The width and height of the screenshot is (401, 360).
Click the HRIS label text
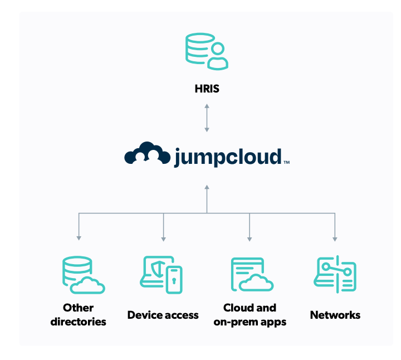tap(207, 88)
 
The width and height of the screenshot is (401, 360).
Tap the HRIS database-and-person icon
tap(207, 51)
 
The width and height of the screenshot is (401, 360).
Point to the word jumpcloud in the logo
tap(227, 157)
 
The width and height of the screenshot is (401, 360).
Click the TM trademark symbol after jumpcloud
tap(286, 163)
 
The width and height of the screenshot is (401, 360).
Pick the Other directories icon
tap(82, 276)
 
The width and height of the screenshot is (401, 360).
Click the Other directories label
tap(78, 314)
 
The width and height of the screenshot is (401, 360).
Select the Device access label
tap(163, 315)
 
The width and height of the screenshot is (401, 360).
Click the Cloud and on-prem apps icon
tap(251, 275)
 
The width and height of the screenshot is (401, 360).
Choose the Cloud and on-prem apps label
tap(250, 314)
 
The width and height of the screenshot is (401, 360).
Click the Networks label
tap(335, 315)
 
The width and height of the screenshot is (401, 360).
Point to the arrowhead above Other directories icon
tap(78, 239)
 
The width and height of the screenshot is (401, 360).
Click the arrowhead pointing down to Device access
tap(163, 239)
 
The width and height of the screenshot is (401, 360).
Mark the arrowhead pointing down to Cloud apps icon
tap(249, 239)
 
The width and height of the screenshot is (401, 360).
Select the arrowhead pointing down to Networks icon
tap(335, 239)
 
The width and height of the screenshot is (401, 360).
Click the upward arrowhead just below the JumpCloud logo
tap(207, 187)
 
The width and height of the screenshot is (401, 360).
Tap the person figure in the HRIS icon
tap(218, 58)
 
